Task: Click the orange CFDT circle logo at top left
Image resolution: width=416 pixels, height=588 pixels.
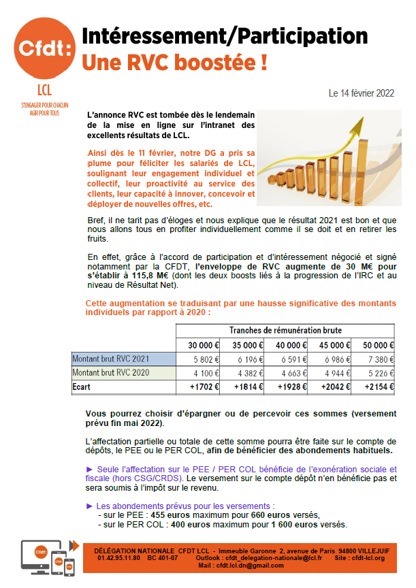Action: [42, 49]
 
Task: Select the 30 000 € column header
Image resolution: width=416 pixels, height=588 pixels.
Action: [199, 344]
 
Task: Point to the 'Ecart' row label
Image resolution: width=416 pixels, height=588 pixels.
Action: [82, 387]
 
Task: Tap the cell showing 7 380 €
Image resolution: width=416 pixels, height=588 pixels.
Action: [377, 359]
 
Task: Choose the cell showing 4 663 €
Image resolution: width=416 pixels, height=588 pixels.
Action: [289, 373]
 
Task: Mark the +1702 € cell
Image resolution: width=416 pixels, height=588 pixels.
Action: [199, 387]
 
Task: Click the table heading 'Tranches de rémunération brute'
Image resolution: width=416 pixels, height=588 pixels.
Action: [285, 330]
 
